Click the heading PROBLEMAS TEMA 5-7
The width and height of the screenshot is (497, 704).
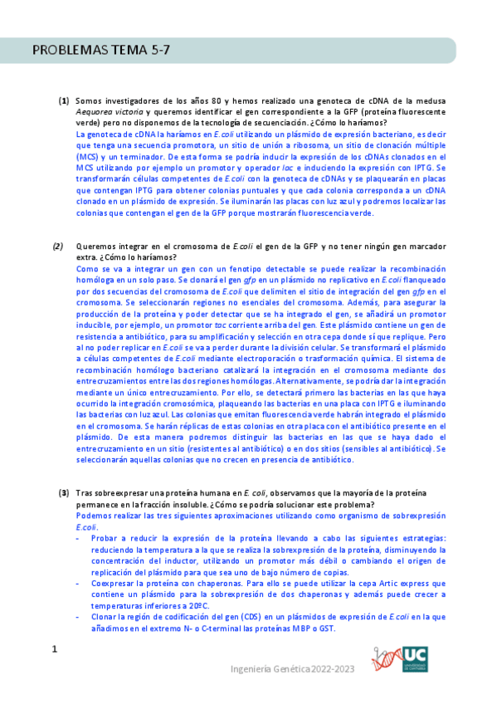point(101,51)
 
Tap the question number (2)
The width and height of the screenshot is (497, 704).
point(58,247)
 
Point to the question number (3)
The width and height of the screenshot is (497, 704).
point(63,493)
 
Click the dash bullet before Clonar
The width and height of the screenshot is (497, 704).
point(77,618)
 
